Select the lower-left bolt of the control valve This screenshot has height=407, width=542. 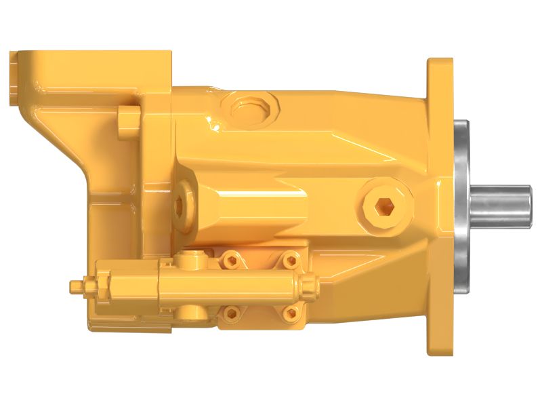pyautogui.click(x=232, y=312)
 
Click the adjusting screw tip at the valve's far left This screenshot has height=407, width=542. pyautogui.click(x=76, y=287)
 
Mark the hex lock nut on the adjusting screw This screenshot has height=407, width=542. pyautogui.click(x=100, y=285)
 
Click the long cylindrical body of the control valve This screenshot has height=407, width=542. pyautogui.click(x=224, y=286)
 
